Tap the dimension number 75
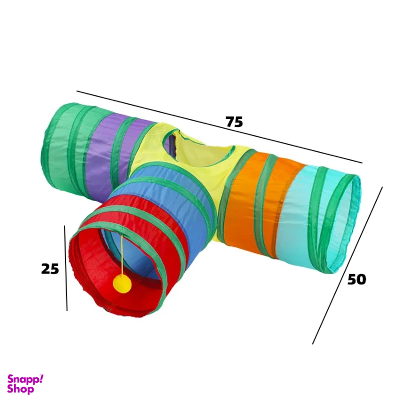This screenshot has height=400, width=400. pos(234,122)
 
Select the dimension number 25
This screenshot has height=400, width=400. pos(50,269)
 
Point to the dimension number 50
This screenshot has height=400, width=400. pos(357,279)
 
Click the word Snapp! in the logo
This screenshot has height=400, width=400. pos(25,380)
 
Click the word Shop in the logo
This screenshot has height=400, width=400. pos(20,389)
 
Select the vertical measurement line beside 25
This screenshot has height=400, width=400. pos(66,268)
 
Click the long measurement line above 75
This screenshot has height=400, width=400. pos(219,127)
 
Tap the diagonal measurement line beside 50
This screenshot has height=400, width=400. pos(347,266)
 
